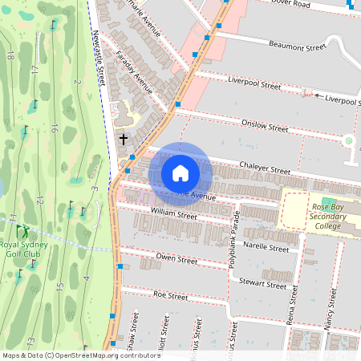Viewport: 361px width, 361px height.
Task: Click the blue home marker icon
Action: (x=180, y=173)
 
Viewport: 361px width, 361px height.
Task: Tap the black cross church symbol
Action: (x=124, y=139)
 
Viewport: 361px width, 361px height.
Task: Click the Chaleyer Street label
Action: (x=265, y=170)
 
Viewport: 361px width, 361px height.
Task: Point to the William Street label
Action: (x=174, y=215)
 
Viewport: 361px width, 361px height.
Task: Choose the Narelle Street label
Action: (x=266, y=249)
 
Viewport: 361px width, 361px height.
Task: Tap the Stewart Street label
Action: (x=263, y=284)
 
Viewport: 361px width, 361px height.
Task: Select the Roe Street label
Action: (x=169, y=296)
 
